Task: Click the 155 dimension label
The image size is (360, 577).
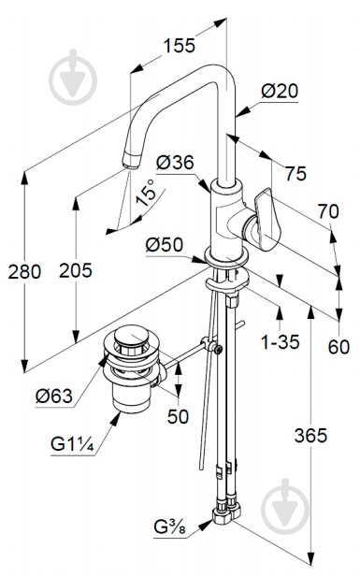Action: coord(179,46)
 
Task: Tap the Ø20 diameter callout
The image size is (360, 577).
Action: coord(280,91)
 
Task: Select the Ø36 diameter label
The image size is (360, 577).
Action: coord(175,163)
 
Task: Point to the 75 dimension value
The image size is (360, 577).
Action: coord(295,173)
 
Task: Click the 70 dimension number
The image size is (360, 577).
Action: coord(328,211)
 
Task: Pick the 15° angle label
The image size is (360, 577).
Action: coord(146,193)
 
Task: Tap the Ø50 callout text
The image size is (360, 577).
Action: coord(165,245)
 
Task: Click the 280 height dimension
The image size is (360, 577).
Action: coord(24,272)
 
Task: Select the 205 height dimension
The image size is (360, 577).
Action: coord(76,271)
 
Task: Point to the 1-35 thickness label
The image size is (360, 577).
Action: coord(281,342)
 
